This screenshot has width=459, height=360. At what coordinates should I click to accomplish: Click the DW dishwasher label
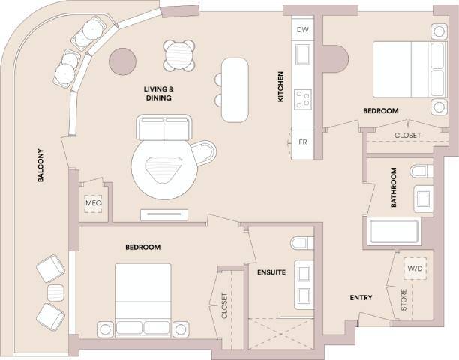tap(303, 30)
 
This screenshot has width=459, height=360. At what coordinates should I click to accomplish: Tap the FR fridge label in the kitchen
tap(303, 142)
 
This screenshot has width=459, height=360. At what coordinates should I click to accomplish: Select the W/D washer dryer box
tap(415, 268)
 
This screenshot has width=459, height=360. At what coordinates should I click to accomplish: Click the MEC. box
tap(93, 203)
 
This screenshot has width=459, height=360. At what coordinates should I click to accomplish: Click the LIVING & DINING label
tap(159, 94)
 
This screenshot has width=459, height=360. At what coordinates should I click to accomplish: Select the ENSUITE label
tap(271, 271)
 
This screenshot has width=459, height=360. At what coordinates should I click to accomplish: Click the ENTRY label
tap(361, 298)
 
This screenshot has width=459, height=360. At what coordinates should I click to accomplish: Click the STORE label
tap(403, 301)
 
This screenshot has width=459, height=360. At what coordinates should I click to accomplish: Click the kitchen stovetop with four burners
tap(303, 98)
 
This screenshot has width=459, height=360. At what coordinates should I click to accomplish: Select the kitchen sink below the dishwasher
tap(303, 55)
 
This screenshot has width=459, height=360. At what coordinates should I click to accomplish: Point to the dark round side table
tap(122, 62)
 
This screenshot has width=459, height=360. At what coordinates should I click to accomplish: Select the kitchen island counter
tap(234, 88)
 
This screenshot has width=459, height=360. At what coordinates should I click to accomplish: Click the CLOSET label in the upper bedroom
tap(407, 136)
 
